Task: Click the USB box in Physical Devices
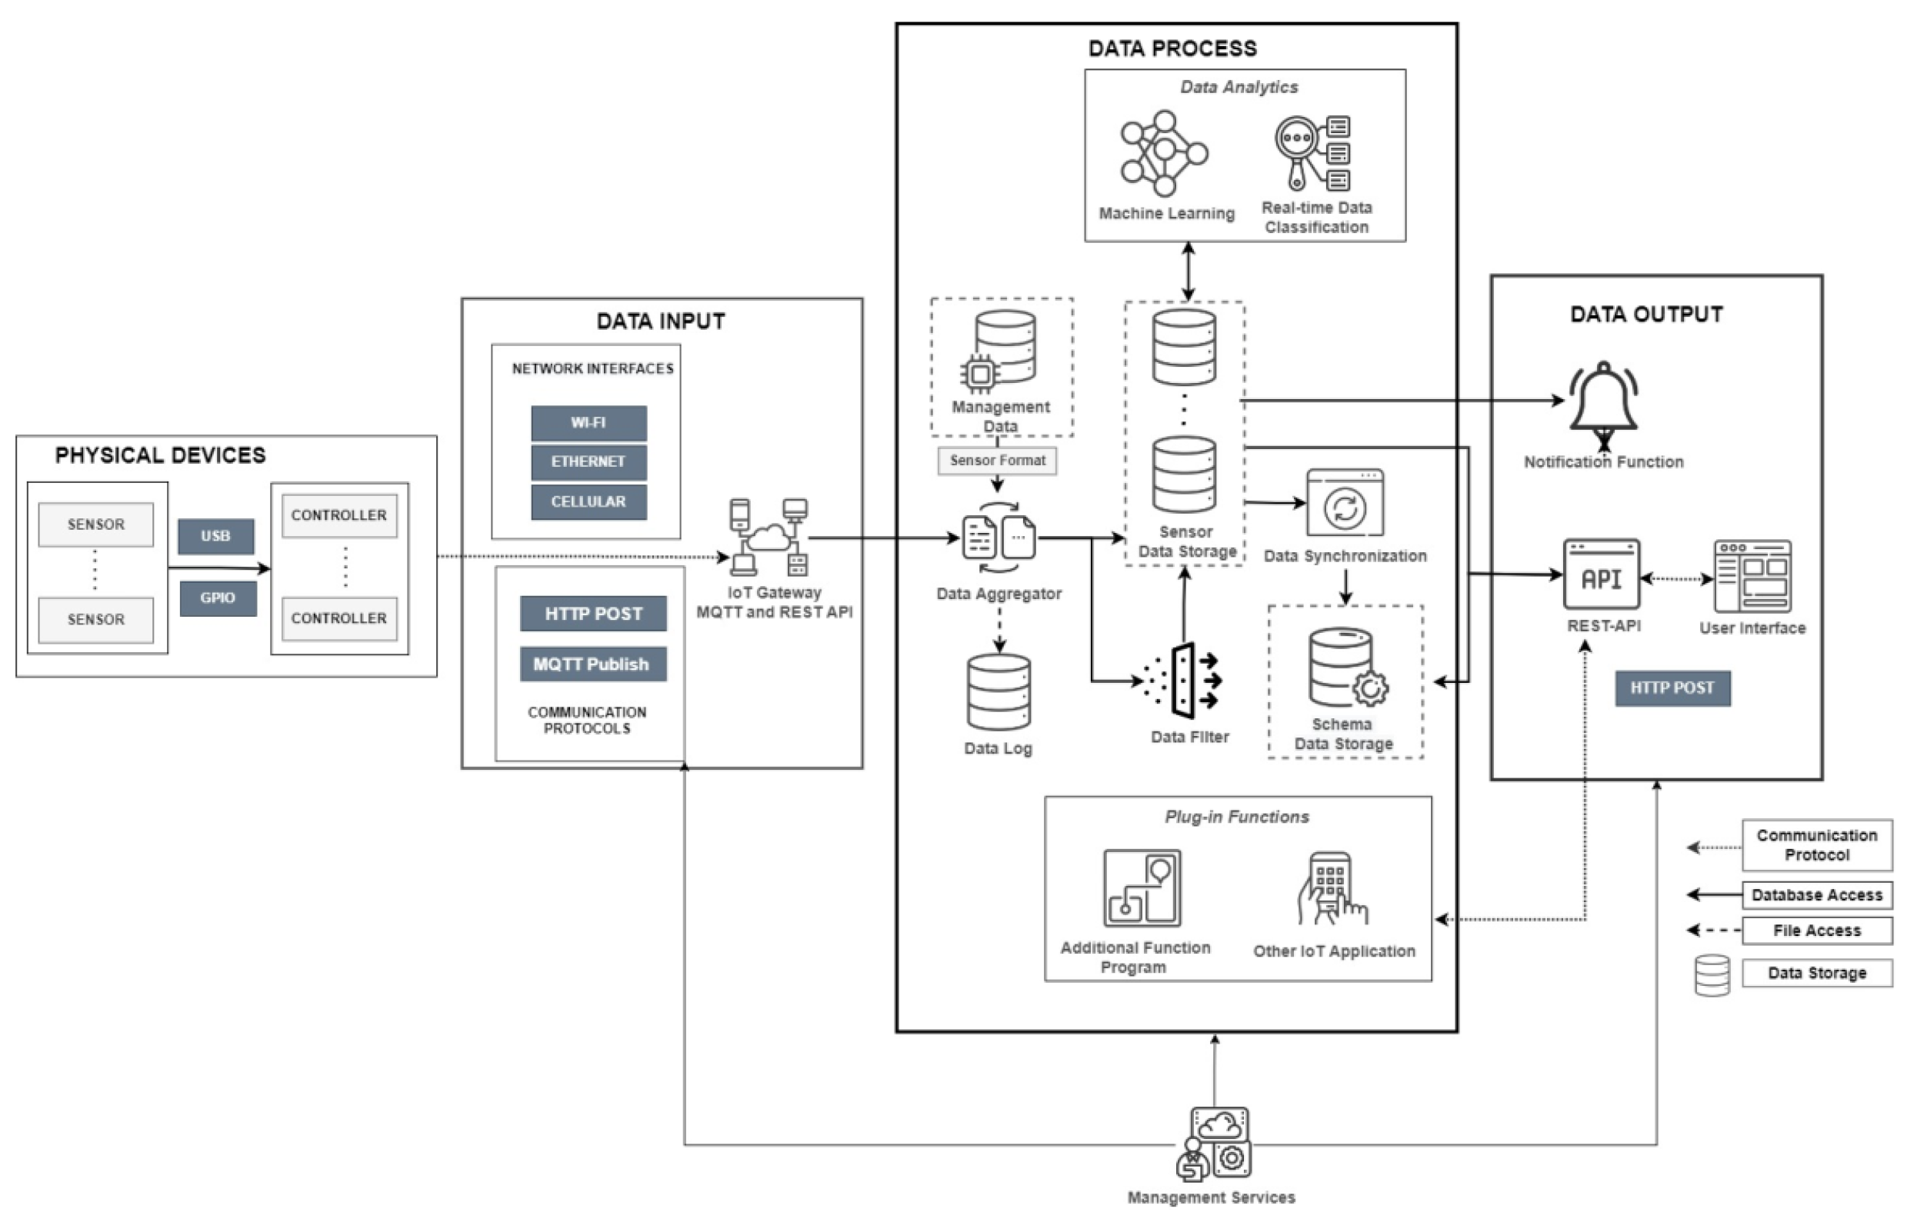(x=216, y=537)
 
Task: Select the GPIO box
(x=218, y=598)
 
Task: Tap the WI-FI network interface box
(x=588, y=423)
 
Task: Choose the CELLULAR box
(x=588, y=502)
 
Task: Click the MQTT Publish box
(x=592, y=664)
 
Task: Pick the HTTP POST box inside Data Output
(x=1672, y=688)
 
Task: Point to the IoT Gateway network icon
(x=768, y=538)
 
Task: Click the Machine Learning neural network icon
(x=1163, y=153)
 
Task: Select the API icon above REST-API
(x=1601, y=574)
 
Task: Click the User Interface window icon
(x=1752, y=577)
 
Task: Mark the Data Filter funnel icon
(x=1183, y=681)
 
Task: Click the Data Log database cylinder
(x=999, y=692)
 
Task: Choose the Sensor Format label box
(x=997, y=461)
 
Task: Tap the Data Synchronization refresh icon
(x=1345, y=504)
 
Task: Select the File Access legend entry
(x=1815, y=931)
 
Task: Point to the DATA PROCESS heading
(x=1172, y=48)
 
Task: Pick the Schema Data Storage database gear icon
(x=1348, y=669)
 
